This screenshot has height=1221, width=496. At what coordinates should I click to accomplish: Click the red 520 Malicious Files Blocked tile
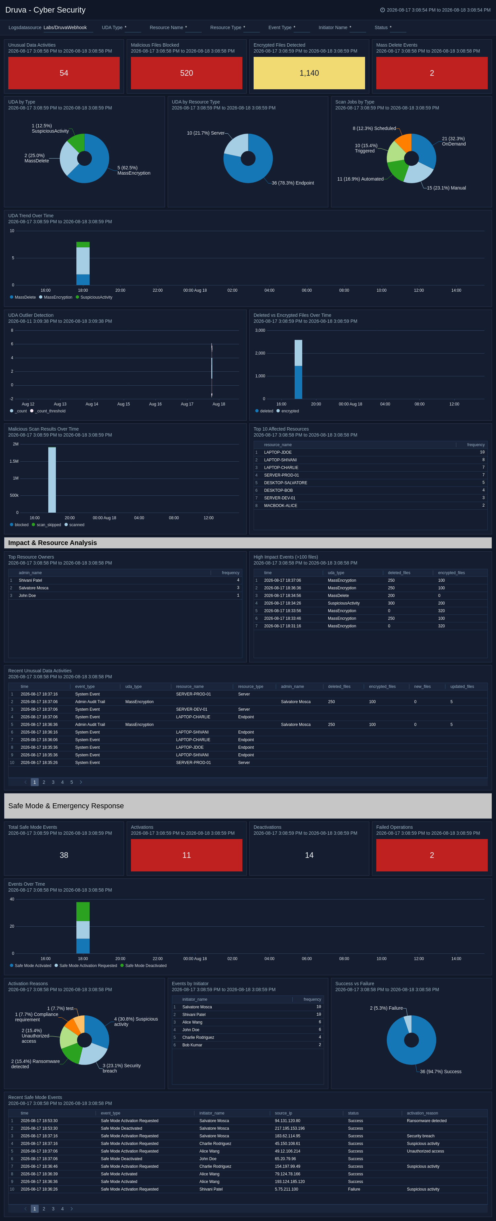click(186, 73)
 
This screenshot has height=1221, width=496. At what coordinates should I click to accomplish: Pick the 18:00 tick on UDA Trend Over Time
click(83, 290)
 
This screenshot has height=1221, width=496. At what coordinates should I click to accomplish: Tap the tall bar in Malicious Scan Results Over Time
click(52, 480)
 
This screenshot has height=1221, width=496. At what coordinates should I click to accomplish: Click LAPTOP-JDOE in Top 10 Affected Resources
click(278, 452)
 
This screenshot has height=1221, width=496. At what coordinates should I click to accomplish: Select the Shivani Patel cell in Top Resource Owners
click(30, 580)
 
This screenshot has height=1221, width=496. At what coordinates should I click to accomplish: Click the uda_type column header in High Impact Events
click(336, 572)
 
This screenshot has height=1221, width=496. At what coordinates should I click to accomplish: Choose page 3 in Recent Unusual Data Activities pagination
click(53, 782)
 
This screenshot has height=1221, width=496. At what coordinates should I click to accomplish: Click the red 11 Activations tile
click(186, 855)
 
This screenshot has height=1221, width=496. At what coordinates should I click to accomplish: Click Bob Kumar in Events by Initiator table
click(192, 1045)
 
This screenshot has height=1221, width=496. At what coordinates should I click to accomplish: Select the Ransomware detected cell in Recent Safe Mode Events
click(426, 1120)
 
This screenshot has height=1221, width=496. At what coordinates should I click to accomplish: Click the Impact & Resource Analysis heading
click(53, 543)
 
